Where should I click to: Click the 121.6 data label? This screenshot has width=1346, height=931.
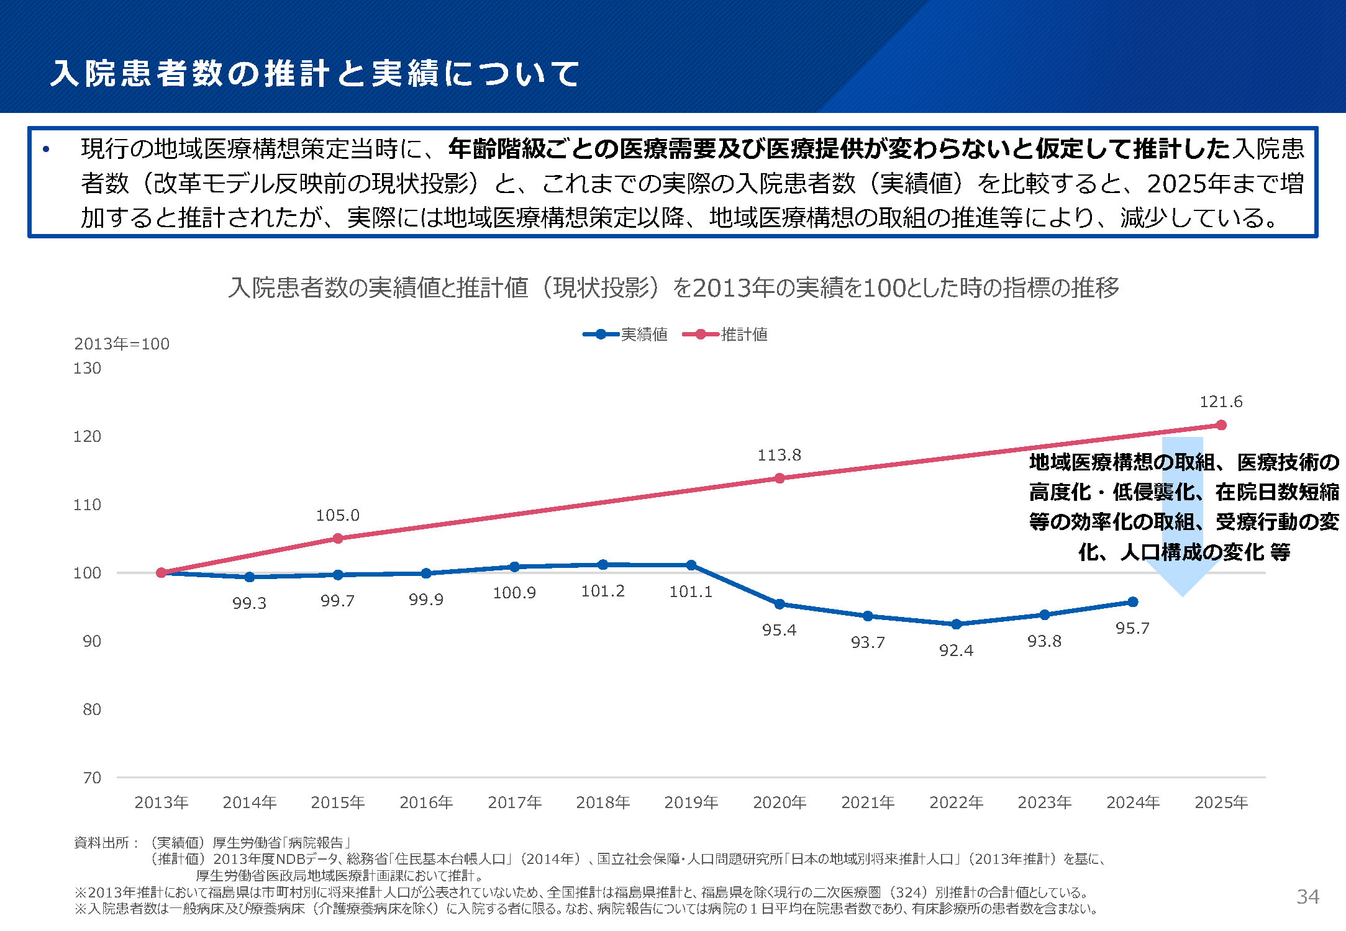pos(1221,402)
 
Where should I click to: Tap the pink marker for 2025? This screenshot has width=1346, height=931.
pos(1221,425)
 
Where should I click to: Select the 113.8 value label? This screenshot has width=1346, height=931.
pos(779,455)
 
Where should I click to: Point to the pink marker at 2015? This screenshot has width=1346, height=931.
pos(338,538)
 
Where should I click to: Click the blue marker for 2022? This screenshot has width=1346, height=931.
pos(957,624)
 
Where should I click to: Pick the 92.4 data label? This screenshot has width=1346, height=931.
pos(956,650)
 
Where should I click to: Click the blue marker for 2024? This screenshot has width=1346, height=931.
pos(1133,601)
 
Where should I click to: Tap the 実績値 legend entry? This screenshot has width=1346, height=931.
pos(625,335)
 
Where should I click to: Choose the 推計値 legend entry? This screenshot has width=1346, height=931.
pos(725,335)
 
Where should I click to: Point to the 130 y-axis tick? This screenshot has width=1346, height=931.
pos(87,368)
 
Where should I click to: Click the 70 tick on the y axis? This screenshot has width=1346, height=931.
pos(92,778)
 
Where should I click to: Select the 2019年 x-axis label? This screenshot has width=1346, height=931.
pos(691,803)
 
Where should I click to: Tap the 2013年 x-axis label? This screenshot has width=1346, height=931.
pos(161,803)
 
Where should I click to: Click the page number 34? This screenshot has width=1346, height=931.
pos(1307,896)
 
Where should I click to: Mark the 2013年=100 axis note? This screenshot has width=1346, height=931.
pos(122,344)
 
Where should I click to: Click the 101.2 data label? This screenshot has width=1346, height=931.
pos(603,591)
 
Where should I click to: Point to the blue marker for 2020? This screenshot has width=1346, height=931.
pos(780,604)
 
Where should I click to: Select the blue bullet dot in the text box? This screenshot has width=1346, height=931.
pos(46,149)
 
